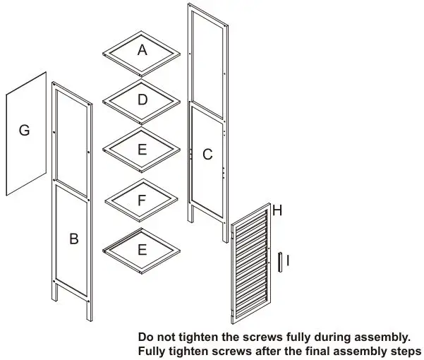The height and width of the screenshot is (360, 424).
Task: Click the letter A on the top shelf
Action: tap(143, 50)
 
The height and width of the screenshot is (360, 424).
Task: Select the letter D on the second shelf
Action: tap(143, 100)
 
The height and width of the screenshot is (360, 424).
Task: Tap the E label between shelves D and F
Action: tap(143, 150)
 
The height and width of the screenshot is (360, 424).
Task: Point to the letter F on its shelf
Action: tap(143, 200)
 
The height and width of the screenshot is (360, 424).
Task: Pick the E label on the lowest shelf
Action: tap(143, 250)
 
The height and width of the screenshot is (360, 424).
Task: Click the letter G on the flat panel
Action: tap(24, 131)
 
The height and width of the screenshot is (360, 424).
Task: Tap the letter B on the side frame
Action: tap(73, 239)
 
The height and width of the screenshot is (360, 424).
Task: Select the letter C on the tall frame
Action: tap(207, 155)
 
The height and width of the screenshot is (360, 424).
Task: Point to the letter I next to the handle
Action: tap(289, 260)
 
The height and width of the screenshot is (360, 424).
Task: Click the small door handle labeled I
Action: tap(279, 261)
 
